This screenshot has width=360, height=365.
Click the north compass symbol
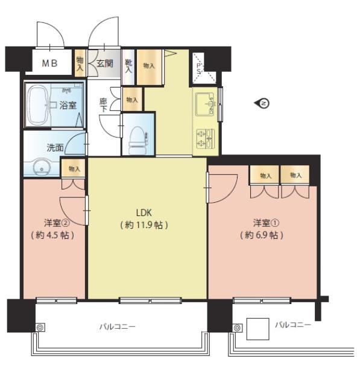(262, 103)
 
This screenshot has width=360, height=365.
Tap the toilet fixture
(137, 141)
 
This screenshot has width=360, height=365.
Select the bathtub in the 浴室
(38, 105)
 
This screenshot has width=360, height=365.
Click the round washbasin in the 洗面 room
(42, 167)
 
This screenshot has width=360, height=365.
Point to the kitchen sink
(205, 104)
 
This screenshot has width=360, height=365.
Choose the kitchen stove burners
(205, 139)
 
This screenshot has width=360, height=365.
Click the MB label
(50, 63)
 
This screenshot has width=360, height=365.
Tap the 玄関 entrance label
(105, 63)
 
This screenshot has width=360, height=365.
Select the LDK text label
(144, 213)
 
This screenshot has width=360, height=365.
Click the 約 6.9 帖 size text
(262, 235)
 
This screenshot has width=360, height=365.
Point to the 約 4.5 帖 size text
(52, 235)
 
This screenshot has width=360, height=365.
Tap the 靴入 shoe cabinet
(128, 67)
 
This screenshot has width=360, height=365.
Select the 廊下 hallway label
(103, 105)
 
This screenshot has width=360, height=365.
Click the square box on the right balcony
(258, 329)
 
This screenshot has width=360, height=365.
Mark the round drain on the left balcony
(40, 327)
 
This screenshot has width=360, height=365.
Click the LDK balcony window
(150, 300)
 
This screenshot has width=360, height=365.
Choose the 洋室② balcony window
(57, 300)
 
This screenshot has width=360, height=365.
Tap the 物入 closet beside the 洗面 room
(74, 168)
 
